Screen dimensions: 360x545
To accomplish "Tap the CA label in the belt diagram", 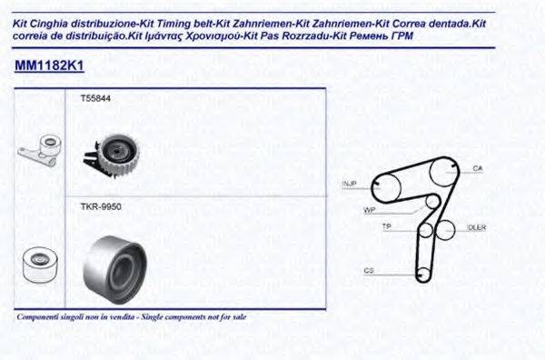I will pos(477,169).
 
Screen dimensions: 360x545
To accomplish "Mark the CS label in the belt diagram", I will pos(369,270).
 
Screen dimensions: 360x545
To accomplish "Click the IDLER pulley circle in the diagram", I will pos(446,229).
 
